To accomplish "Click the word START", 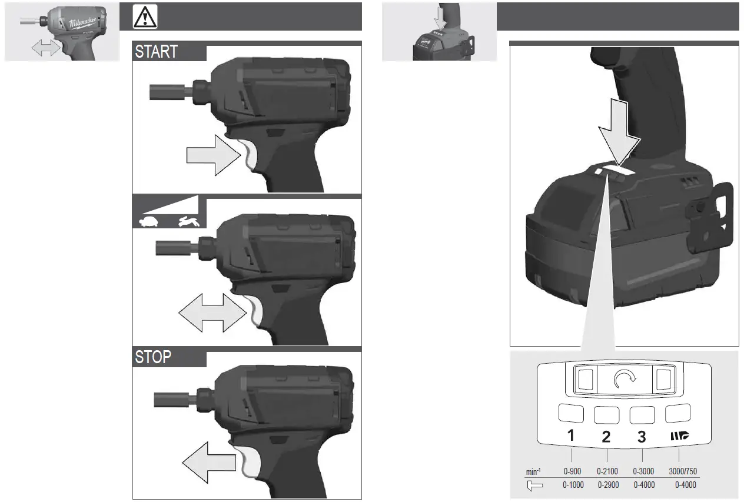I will click(156, 52).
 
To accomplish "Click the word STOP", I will click(153, 357).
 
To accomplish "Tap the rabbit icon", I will click(190, 221).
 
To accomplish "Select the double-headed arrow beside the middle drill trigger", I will click(212, 312).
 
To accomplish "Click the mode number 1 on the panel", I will click(571, 437).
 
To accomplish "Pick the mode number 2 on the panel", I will click(606, 437).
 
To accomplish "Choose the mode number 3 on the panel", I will click(642, 437).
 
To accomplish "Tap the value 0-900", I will click(572, 471).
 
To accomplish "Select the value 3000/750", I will click(683, 471).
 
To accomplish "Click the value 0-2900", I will click(608, 486).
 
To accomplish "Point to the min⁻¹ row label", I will click(533, 472).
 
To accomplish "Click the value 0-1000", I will click(573, 486).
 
